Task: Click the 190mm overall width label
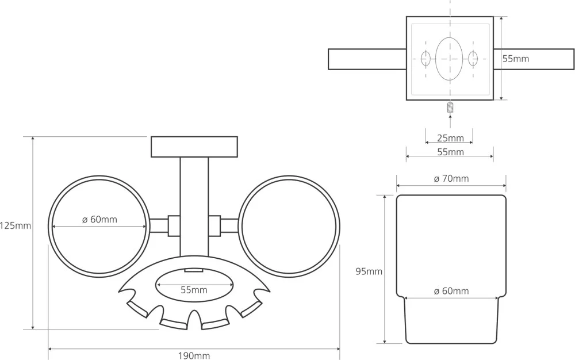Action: (x=193, y=355)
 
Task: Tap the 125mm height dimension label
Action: (x=16, y=226)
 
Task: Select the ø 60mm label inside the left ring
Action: (x=99, y=220)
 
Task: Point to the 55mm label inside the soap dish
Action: (x=193, y=290)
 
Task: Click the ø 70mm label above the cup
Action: (x=451, y=179)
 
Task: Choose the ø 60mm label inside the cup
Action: (x=451, y=291)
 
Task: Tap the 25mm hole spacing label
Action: (x=450, y=138)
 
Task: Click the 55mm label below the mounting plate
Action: (x=450, y=152)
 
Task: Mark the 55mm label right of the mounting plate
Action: (x=516, y=59)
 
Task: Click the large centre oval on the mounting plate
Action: (x=450, y=59)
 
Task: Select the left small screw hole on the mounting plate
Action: (x=426, y=59)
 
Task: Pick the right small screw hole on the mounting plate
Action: (x=473, y=59)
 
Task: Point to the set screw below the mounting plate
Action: (x=450, y=108)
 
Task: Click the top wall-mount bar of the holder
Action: (x=194, y=147)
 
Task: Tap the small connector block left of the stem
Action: (x=174, y=225)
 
